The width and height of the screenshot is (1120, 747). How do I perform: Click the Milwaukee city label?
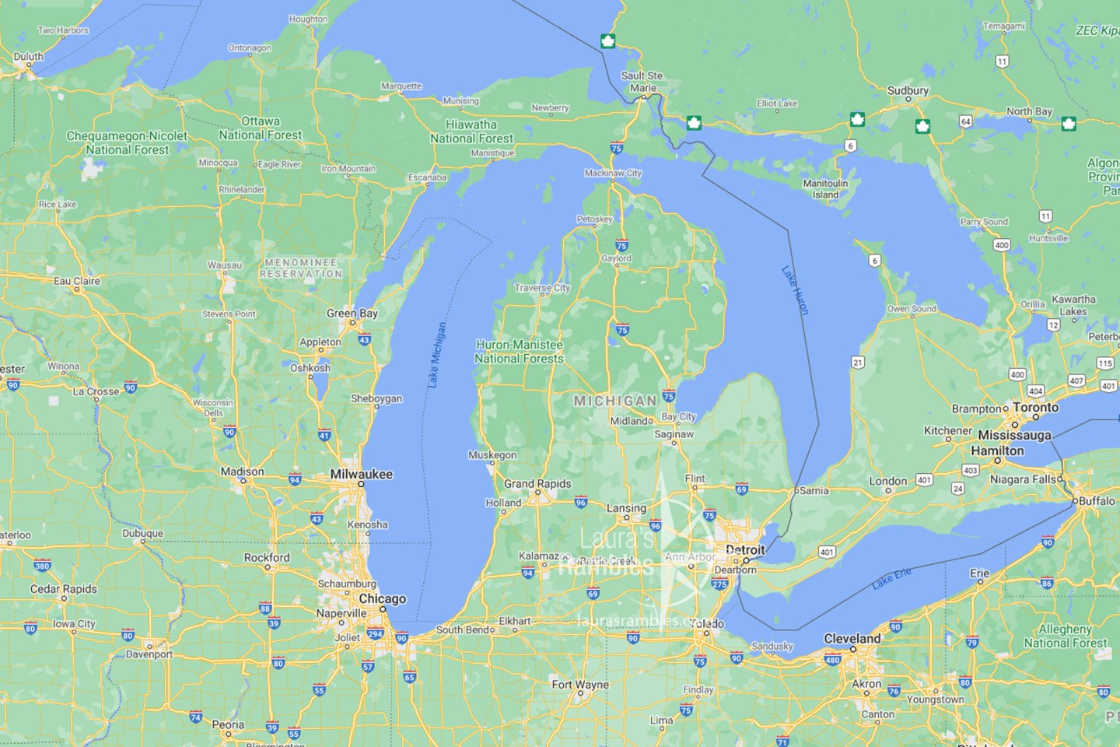[362, 474]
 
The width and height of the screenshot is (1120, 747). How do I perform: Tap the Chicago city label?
[382, 598]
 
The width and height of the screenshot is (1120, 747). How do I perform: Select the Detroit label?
[745, 549]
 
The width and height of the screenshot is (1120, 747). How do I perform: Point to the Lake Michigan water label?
[437, 355]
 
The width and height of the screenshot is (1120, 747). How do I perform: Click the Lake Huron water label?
[796, 290]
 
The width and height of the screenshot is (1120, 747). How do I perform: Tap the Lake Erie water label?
[891, 578]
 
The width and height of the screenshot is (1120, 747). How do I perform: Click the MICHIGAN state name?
[614, 401]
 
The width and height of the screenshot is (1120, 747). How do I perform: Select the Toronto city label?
[1035, 407]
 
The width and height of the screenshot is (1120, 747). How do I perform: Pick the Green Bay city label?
[352, 313]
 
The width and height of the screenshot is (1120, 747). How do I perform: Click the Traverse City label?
[542, 288]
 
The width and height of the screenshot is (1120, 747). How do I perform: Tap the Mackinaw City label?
[613, 173]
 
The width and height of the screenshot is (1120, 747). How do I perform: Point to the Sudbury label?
[908, 90]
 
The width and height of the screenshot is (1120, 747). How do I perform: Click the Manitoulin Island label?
[825, 189]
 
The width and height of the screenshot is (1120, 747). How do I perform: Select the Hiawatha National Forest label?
[471, 131]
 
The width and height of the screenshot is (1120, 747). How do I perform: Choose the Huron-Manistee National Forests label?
[519, 352]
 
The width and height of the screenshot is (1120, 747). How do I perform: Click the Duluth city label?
[29, 57]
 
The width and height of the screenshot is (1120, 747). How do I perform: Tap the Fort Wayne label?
[579, 685]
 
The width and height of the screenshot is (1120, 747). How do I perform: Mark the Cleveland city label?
[852, 638]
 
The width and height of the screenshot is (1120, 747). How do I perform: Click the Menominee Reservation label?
[301, 268]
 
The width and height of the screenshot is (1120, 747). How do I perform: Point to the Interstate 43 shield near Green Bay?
[364, 340]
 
